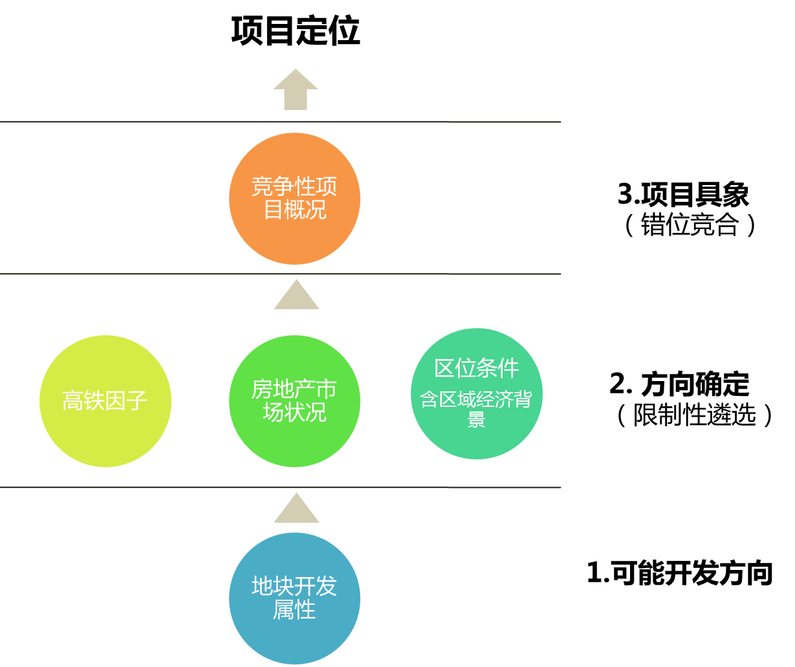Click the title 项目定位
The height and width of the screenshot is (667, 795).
(296, 31)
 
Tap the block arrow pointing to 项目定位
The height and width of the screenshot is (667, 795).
(296, 89)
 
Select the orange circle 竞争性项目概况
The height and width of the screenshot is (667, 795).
(294, 199)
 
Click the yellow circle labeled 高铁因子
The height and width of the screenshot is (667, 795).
(105, 400)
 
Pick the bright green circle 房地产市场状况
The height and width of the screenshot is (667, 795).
(294, 400)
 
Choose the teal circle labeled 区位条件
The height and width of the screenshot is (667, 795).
(477, 393)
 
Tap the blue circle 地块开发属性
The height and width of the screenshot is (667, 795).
(294, 598)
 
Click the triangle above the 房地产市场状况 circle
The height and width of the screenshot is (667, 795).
(296, 294)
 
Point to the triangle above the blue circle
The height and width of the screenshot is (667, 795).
(296, 508)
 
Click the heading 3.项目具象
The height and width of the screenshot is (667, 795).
(684, 194)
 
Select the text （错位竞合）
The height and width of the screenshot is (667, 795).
(690, 224)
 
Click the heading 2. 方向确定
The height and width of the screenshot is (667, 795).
(679, 384)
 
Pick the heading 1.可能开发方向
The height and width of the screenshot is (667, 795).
(680, 573)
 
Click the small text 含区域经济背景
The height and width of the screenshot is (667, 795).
(476, 409)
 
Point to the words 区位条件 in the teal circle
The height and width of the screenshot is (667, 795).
(476, 368)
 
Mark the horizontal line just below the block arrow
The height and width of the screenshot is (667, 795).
(280, 122)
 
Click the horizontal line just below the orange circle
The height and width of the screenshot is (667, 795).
(280, 274)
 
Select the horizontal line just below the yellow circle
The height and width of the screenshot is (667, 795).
(280, 487)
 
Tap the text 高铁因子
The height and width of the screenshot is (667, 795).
(105, 400)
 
